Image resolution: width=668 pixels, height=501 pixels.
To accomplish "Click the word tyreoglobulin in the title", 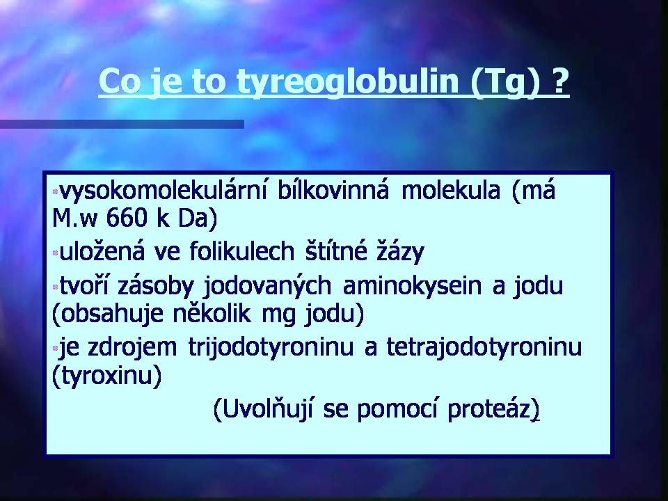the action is (348, 82).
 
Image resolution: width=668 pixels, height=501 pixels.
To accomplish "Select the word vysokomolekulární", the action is (163, 191).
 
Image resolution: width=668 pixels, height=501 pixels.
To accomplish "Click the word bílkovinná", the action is (333, 190).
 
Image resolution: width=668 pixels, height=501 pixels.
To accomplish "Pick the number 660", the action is (126, 217).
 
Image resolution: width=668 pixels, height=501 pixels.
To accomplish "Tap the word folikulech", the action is (241, 251).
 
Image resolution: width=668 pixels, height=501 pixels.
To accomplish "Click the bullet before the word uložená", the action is (55, 253).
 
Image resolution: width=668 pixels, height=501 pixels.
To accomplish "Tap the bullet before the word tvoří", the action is (55, 287).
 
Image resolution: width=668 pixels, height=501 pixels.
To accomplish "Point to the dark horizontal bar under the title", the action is (122, 124).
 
